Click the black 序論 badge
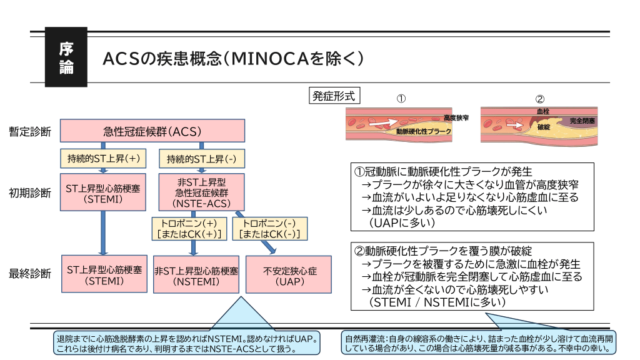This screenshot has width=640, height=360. click(x=66, y=58)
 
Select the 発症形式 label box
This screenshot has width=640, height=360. click(x=334, y=96)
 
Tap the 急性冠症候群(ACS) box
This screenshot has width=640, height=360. click(x=152, y=132)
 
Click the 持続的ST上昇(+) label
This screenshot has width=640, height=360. click(x=103, y=159)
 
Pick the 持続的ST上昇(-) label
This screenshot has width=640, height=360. click(x=201, y=159)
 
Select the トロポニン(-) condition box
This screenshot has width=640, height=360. click(x=271, y=228)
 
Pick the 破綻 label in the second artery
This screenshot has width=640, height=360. click(x=542, y=127)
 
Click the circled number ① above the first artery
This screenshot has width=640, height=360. click(x=402, y=99)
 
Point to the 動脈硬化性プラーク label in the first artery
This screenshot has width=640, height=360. click(x=423, y=132)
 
